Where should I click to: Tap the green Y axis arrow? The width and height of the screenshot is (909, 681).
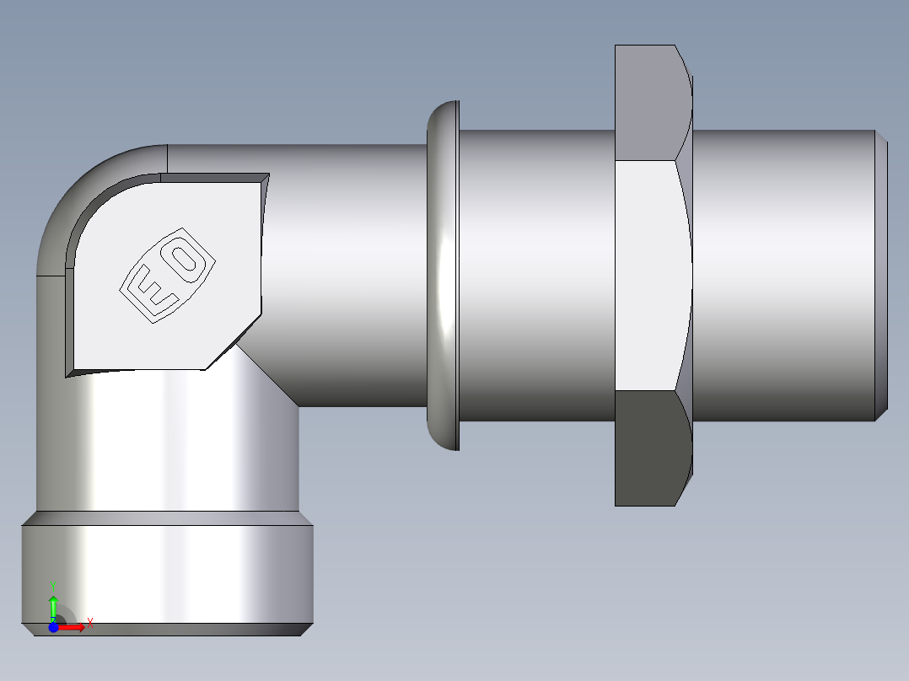point(53,605)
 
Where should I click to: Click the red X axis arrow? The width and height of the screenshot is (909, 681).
point(73,626)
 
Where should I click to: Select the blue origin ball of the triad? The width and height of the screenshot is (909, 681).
point(53,626)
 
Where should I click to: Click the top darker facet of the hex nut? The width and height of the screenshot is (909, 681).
point(649,101)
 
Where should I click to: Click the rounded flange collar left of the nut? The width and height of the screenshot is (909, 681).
point(443,274)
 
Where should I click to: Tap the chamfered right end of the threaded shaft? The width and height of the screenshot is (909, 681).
point(881,274)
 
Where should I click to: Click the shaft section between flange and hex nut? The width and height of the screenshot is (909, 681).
point(535,274)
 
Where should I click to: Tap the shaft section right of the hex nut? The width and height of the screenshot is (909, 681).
point(784,274)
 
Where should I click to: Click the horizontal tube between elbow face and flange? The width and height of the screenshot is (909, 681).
point(346,253)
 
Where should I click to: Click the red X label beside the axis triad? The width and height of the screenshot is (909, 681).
point(89,624)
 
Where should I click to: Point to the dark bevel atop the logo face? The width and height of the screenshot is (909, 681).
point(211,178)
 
